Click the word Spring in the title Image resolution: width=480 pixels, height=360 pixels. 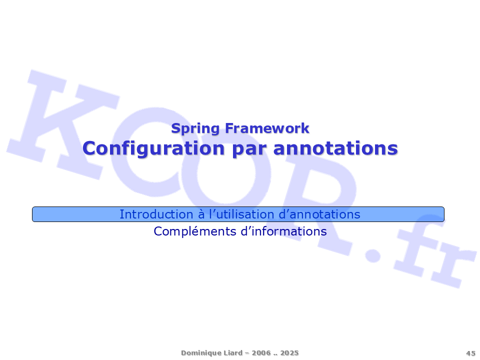pyautogui.click(x=195, y=128)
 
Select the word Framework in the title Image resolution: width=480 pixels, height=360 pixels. pyautogui.click(x=267, y=128)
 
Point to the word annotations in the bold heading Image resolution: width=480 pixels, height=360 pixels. pyautogui.click(x=335, y=148)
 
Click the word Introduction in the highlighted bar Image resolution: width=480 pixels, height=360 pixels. pyautogui.click(x=156, y=214)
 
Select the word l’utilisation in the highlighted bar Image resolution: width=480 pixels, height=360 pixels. pyautogui.click(x=242, y=214)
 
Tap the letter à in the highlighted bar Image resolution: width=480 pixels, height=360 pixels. pyautogui.click(x=201, y=214)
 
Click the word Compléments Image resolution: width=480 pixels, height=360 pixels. pyautogui.click(x=194, y=231)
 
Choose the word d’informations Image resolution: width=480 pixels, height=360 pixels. pyautogui.click(x=284, y=231)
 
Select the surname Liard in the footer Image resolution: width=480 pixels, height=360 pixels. pyautogui.click(x=233, y=352)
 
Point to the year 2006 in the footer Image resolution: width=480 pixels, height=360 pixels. pyautogui.click(x=261, y=353)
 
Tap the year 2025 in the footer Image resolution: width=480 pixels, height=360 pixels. pyautogui.click(x=289, y=353)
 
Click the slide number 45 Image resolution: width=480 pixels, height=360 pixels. pyautogui.click(x=470, y=353)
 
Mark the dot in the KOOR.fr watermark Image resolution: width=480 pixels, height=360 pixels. pyautogui.click(x=373, y=254)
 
